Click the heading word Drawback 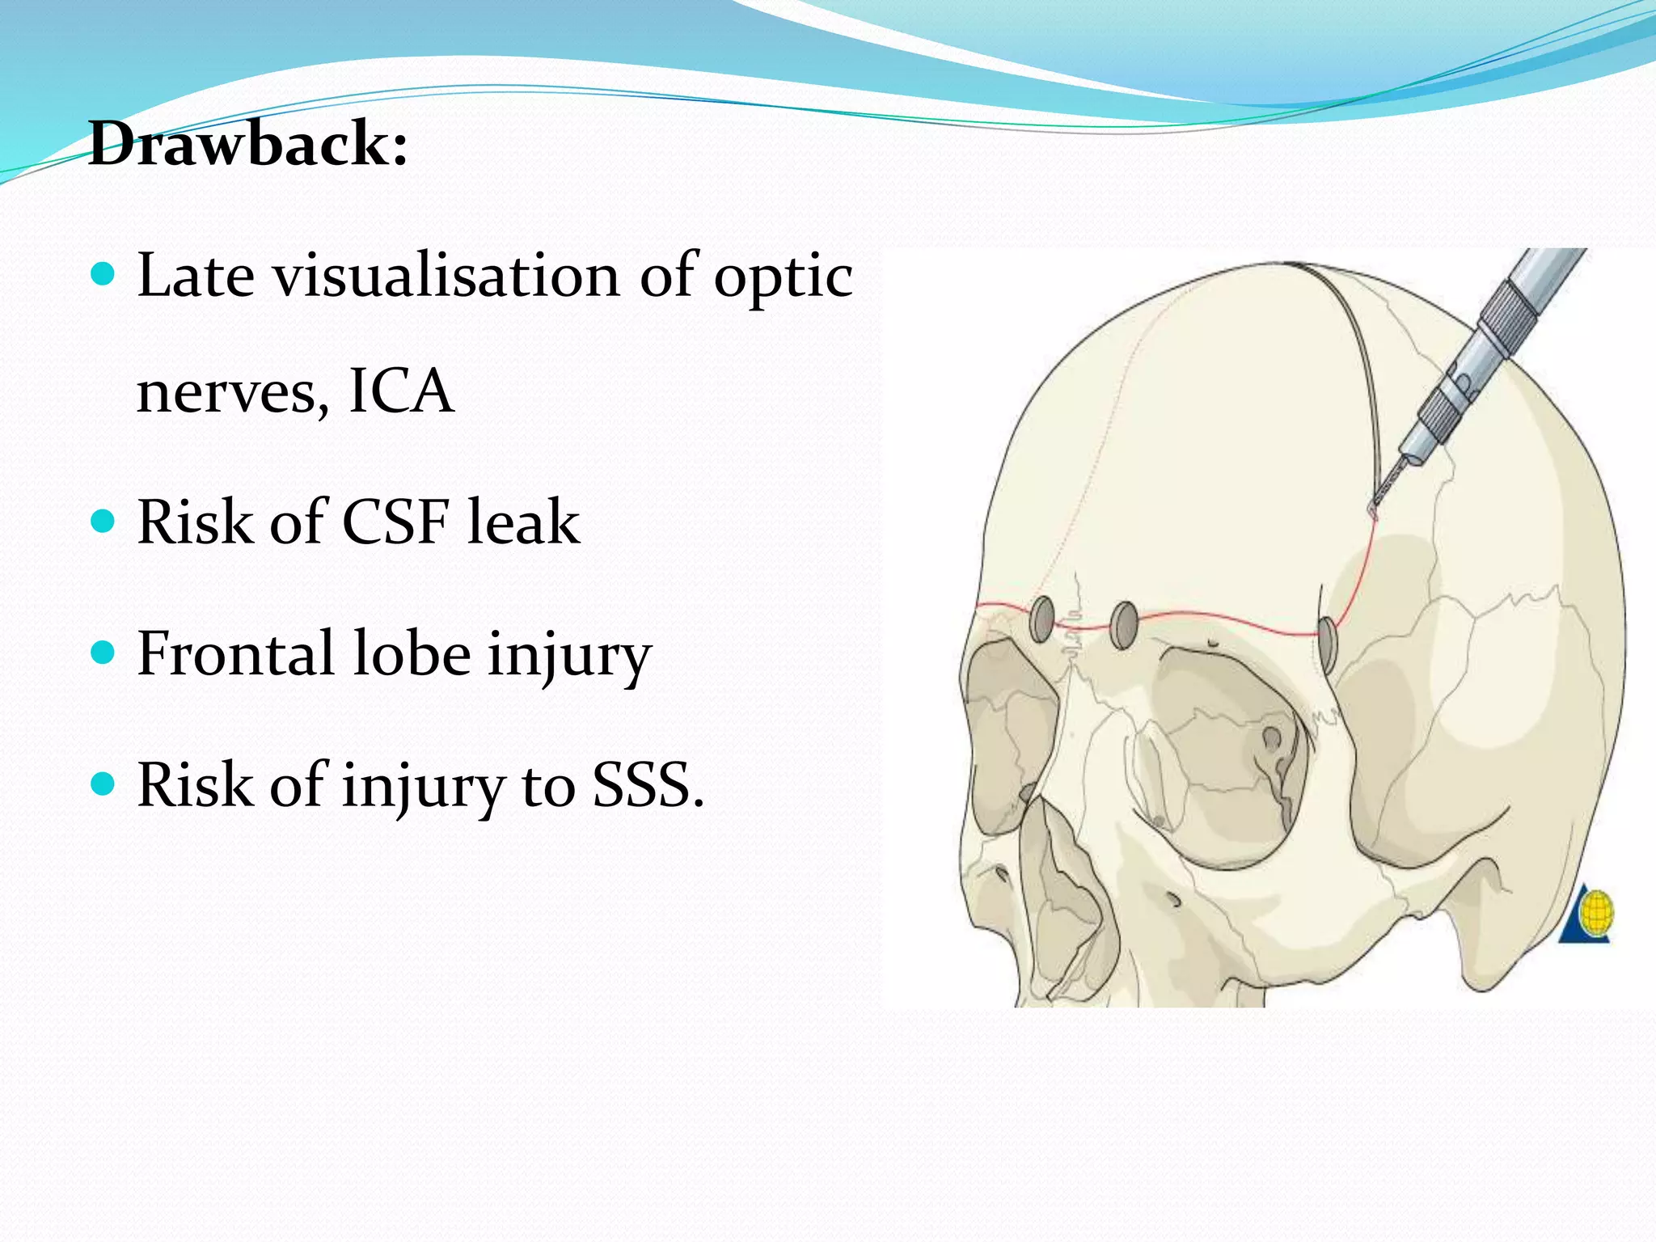(x=247, y=144)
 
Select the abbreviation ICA (x=401, y=391)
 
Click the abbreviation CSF (x=395, y=522)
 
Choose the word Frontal (x=235, y=653)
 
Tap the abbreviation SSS (x=647, y=785)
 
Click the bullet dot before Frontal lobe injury (x=103, y=652)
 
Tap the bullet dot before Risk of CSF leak (x=103, y=521)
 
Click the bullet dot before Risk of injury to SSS (x=103, y=784)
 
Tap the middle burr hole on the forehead (x=1124, y=625)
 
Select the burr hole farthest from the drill (x=1041, y=619)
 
